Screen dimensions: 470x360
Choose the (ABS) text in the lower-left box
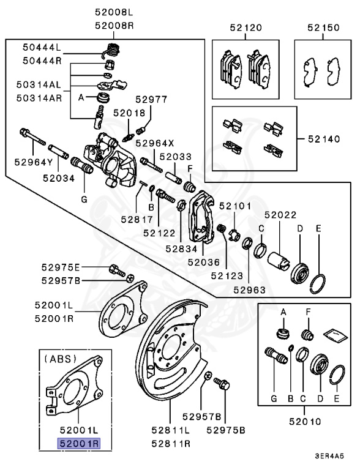click(59, 360)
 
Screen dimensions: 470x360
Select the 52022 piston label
click(280, 215)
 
